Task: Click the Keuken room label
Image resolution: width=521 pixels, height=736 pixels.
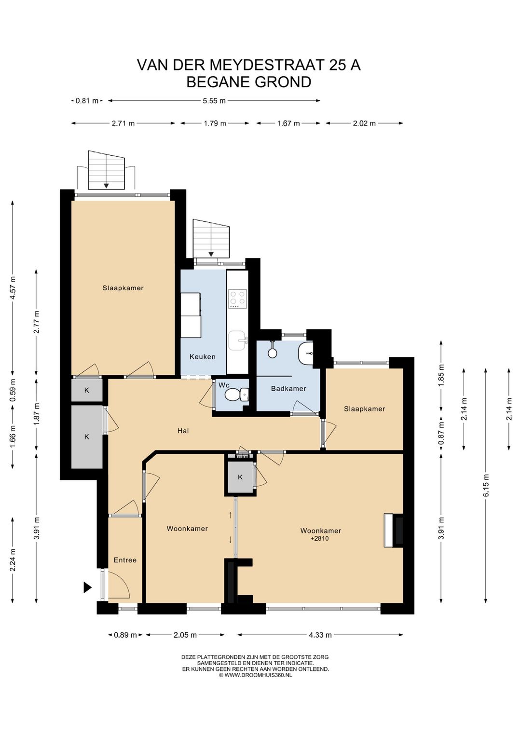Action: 203,356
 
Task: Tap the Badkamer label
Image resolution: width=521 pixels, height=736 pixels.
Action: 288,389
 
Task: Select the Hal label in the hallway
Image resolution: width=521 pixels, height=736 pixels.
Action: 183,431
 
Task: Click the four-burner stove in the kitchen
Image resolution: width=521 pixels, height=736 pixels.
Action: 237,298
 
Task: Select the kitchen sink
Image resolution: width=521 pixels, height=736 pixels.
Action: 238,341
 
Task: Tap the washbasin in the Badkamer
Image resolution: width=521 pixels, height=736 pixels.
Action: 306,353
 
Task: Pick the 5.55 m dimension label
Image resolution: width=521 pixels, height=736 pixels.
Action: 214,101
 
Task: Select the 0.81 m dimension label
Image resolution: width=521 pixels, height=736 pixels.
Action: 87,101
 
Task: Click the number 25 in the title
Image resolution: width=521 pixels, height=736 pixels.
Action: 337,65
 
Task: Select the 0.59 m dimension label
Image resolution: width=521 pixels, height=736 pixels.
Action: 13,390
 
